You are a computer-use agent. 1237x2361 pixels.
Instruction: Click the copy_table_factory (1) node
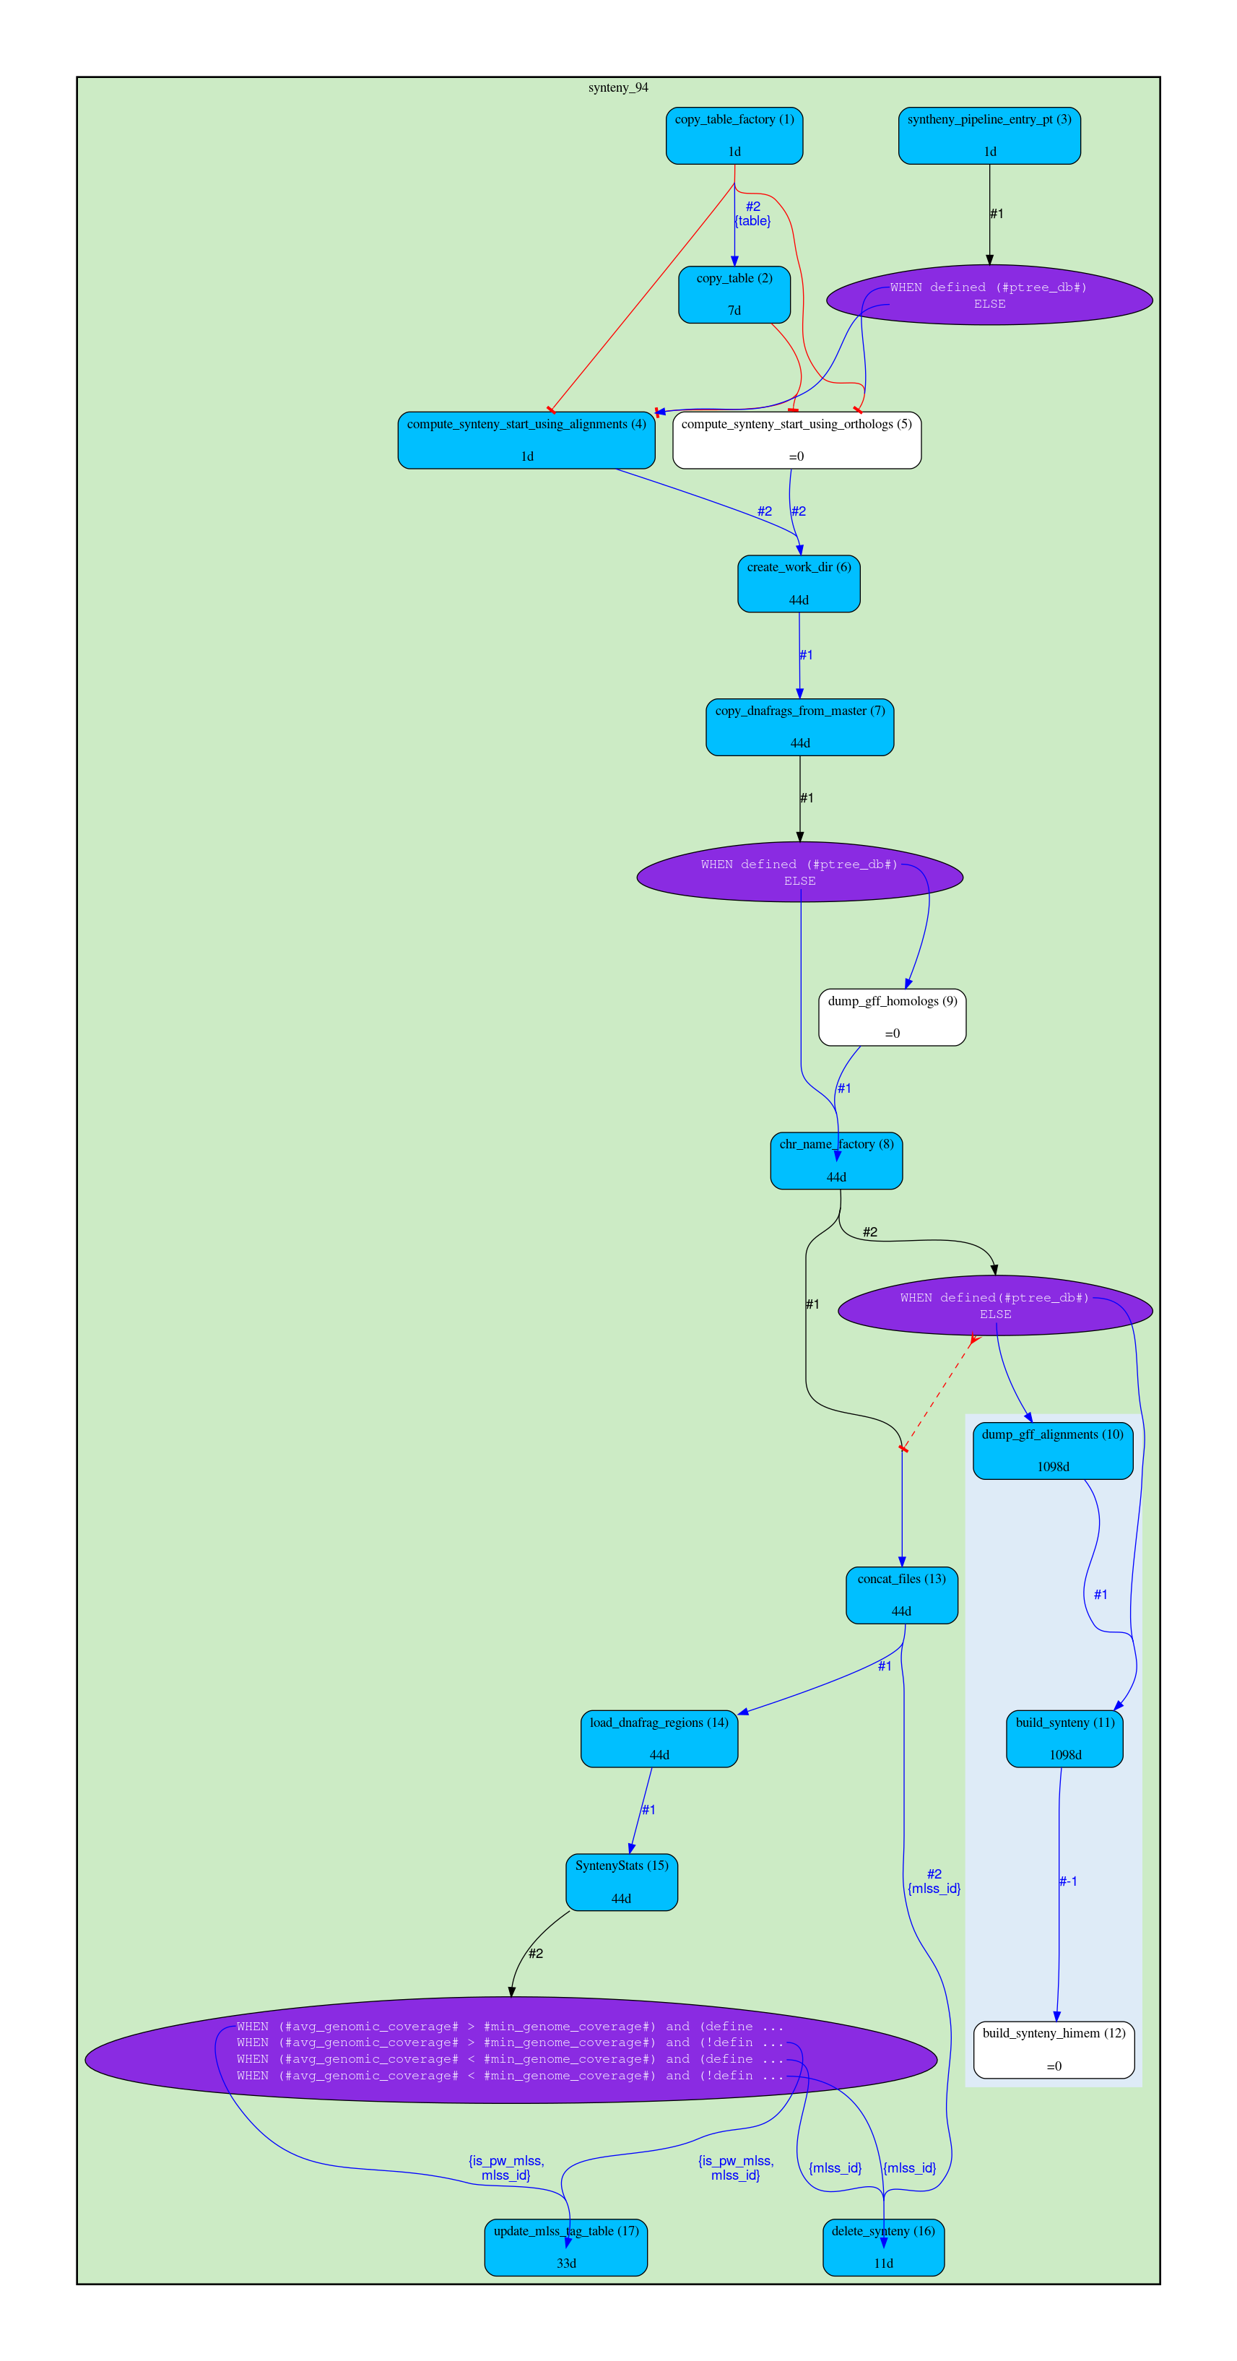734,136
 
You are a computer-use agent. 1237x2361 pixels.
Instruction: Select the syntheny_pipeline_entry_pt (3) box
989,136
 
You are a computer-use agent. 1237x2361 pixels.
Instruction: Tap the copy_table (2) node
734,294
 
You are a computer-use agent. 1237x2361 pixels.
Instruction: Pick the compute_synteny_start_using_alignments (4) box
526,440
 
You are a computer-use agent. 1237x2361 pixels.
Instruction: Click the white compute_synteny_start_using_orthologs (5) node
797,440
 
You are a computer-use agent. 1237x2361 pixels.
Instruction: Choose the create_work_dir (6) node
798,583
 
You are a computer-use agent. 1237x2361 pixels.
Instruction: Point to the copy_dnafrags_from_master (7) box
799,727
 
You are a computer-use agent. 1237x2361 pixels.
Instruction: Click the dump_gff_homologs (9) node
892,1016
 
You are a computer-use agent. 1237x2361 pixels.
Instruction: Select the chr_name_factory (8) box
835,1161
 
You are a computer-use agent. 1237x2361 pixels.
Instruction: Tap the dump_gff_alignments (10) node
1052,1450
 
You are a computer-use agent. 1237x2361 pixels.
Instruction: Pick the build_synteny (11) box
1064,1738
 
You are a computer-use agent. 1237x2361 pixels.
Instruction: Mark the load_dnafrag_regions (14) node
659,1738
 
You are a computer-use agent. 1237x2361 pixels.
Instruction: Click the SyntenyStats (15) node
621,1881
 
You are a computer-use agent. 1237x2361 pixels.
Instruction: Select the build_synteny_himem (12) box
1054,2050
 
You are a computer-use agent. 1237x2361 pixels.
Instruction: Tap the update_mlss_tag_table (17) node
565,2246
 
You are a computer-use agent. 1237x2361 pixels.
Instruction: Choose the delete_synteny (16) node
883,2246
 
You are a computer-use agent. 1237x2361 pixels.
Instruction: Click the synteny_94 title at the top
617,88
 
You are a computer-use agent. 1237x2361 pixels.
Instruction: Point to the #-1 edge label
1067,1881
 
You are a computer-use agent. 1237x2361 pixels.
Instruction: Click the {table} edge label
752,221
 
